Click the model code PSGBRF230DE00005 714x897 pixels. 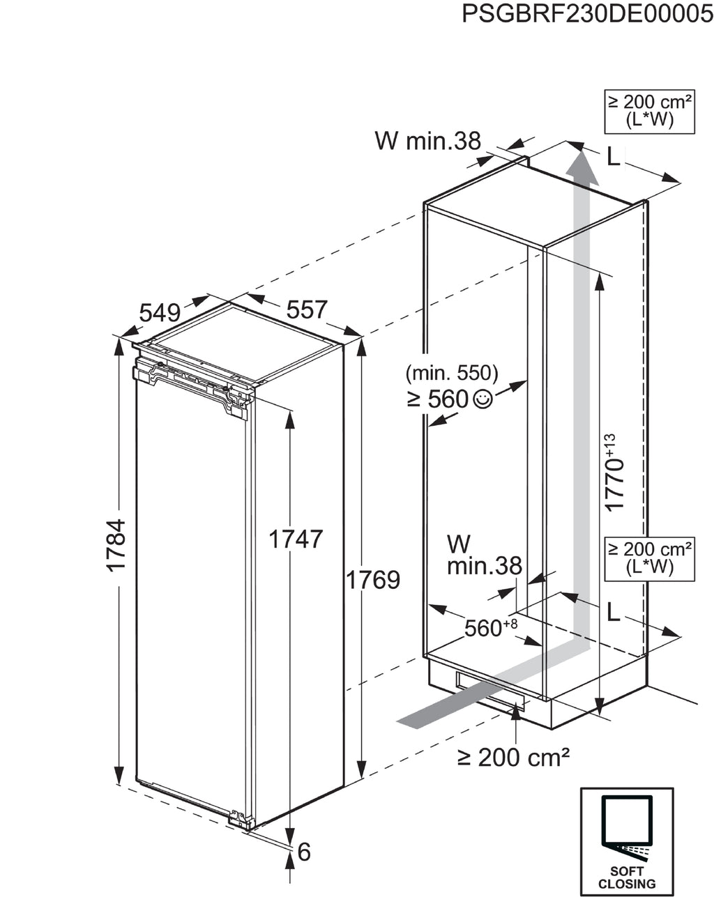pyautogui.click(x=587, y=14)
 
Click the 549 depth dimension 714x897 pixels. pyautogui.click(x=160, y=313)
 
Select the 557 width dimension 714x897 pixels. pyautogui.click(x=307, y=309)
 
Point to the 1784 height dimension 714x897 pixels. pyautogui.click(x=116, y=545)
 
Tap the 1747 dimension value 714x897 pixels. pyautogui.click(x=296, y=539)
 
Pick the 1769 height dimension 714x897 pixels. pyautogui.click(x=373, y=580)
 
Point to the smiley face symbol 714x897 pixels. pyautogui.click(x=483, y=399)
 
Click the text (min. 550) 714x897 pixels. pyautogui.click(x=452, y=374)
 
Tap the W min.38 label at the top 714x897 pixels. pyautogui.click(x=428, y=141)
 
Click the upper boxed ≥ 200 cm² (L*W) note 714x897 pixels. pyautogui.click(x=649, y=112)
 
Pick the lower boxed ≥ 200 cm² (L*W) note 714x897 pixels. pyautogui.click(x=649, y=560)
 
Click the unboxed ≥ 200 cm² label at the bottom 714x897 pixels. pyautogui.click(x=513, y=758)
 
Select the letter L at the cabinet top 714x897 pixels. pyautogui.click(x=613, y=157)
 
